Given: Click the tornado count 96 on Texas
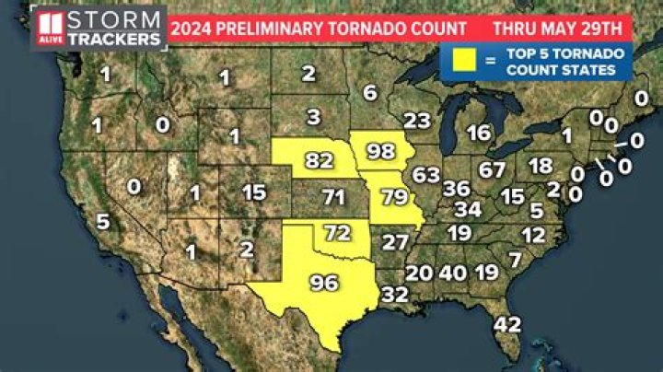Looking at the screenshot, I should pyautogui.click(x=323, y=283).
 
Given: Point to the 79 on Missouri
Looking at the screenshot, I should pyautogui.click(x=393, y=196).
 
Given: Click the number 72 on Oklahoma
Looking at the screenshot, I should pyautogui.click(x=339, y=231).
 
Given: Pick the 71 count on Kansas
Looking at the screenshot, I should pyautogui.click(x=333, y=196).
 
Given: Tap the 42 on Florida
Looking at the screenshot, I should pyautogui.click(x=507, y=324).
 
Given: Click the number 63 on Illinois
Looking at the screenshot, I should pyautogui.click(x=426, y=174).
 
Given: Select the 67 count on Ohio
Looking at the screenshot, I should pyautogui.click(x=492, y=170).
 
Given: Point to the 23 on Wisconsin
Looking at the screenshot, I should pyautogui.click(x=417, y=121).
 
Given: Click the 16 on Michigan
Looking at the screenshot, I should pyautogui.click(x=478, y=133).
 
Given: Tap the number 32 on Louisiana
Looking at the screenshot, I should pyautogui.click(x=394, y=295).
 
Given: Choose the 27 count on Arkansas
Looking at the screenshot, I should pyautogui.click(x=395, y=243).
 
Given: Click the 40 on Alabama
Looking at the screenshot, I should pyautogui.click(x=452, y=273).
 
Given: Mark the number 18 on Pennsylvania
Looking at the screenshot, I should pyautogui.click(x=541, y=166).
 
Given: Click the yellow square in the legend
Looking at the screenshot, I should pyautogui.click(x=465, y=62).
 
